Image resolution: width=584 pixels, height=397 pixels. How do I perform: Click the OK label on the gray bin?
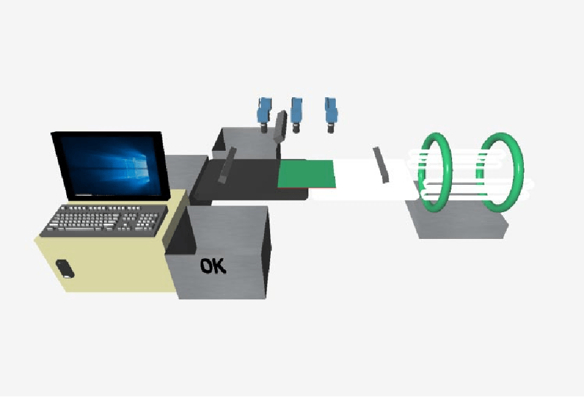[x=213, y=266]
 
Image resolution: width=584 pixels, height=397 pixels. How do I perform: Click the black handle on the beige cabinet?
[x=65, y=269]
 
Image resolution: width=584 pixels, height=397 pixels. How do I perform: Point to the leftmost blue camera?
[x=264, y=114]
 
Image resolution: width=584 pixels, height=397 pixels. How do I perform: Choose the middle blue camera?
[x=296, y=114]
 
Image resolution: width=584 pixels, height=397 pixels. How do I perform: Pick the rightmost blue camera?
[x=331, y=114]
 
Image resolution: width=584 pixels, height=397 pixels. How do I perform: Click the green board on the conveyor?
[x=307, y=174]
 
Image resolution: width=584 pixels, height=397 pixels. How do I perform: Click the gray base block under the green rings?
[x=458, y=221]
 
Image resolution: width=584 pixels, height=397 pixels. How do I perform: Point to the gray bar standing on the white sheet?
[x=381, y=165]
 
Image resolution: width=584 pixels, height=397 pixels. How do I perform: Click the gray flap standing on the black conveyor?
[x=227, y=165]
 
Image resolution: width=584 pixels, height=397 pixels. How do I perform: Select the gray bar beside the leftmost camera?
[x=280, y=126]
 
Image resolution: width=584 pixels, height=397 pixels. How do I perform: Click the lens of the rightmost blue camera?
[x=331, y=128]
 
